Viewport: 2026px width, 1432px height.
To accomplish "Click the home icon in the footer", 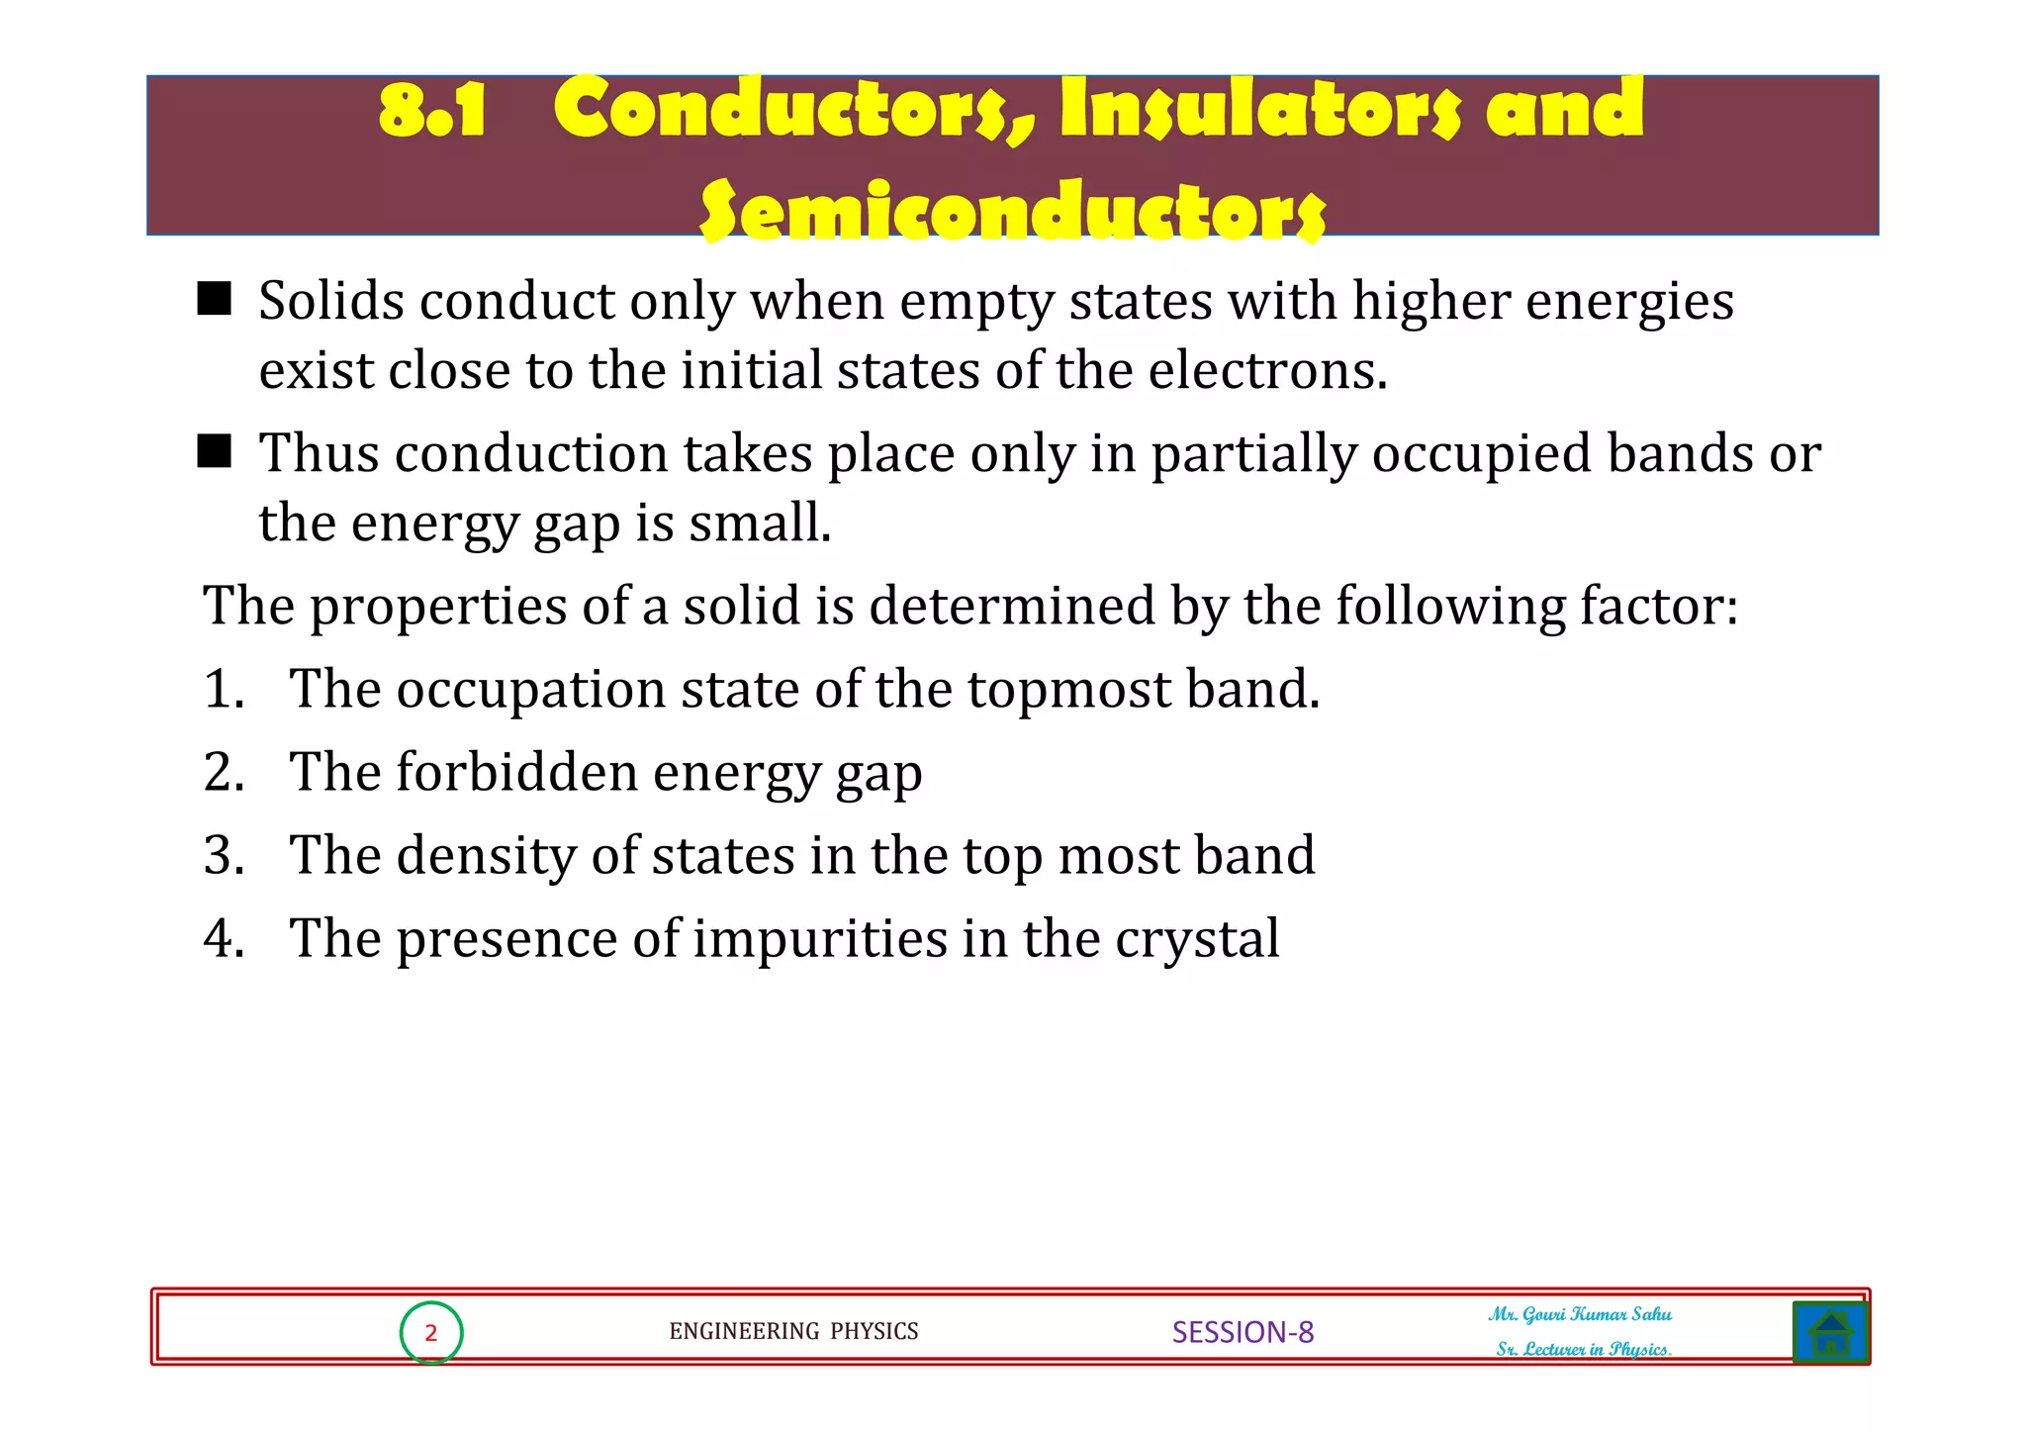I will point(1830,1332).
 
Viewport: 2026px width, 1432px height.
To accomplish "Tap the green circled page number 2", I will point(431,1333).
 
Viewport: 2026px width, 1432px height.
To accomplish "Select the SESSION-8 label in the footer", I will point(1243,1332).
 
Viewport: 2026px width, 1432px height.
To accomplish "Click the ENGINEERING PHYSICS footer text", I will point(793,1332).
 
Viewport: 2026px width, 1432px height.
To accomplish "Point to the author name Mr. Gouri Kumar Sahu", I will point(1580,1314).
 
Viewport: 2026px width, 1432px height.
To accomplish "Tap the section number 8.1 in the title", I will point(432,110).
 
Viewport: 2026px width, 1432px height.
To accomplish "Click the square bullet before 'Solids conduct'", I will point(215,298).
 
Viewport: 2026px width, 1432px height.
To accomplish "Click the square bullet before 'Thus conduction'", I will point(215,451).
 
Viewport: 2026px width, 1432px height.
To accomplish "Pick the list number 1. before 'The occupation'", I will point(224,689).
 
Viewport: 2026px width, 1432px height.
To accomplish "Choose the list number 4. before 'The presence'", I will point(224,938).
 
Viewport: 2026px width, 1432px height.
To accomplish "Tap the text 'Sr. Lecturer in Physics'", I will point(1583,1349).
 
